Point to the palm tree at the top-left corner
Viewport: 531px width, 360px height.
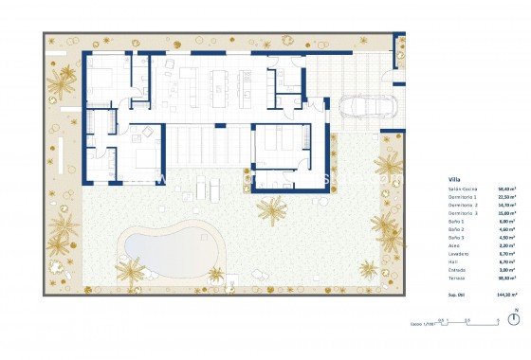click(x=64, y=87)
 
